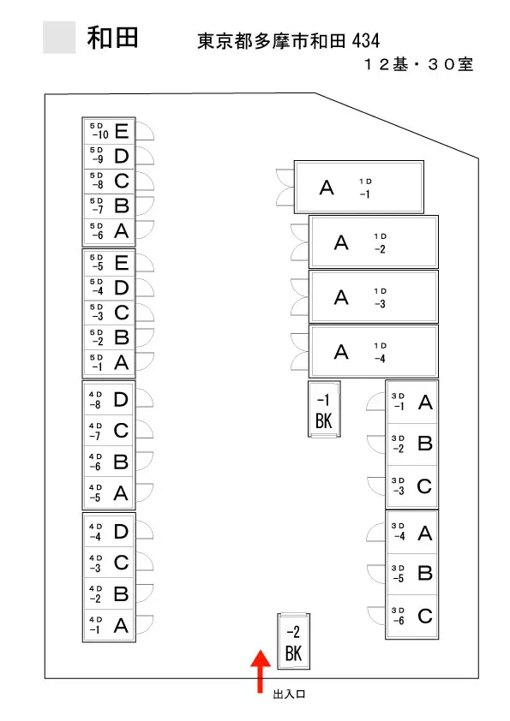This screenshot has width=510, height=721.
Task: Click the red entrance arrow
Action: [260, 670]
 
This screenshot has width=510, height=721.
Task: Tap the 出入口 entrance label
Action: [290, 694]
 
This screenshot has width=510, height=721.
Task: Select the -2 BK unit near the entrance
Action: [294, 641]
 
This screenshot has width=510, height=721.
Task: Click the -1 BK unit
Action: [324, 408]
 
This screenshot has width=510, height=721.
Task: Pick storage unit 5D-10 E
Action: [109, 131]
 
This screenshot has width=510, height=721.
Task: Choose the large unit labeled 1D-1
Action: [359, 188]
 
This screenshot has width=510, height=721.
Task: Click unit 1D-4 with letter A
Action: [374, 352]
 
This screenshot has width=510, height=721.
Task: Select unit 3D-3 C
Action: [412, 486]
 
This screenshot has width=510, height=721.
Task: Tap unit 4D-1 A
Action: [109, 625]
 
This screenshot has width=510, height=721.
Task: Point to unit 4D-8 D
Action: [109, 399]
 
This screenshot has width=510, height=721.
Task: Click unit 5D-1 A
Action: [109, 363]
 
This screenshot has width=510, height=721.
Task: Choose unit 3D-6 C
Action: [412, 616]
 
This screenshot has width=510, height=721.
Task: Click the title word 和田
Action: [113, 38]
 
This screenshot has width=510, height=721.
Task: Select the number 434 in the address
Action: [366, 41]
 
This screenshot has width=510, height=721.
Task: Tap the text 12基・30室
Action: [418, 64]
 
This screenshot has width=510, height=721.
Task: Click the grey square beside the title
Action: [59, 37]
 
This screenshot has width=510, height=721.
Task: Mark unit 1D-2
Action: [374, 241]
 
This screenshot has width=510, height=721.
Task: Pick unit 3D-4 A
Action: [412, 532]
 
